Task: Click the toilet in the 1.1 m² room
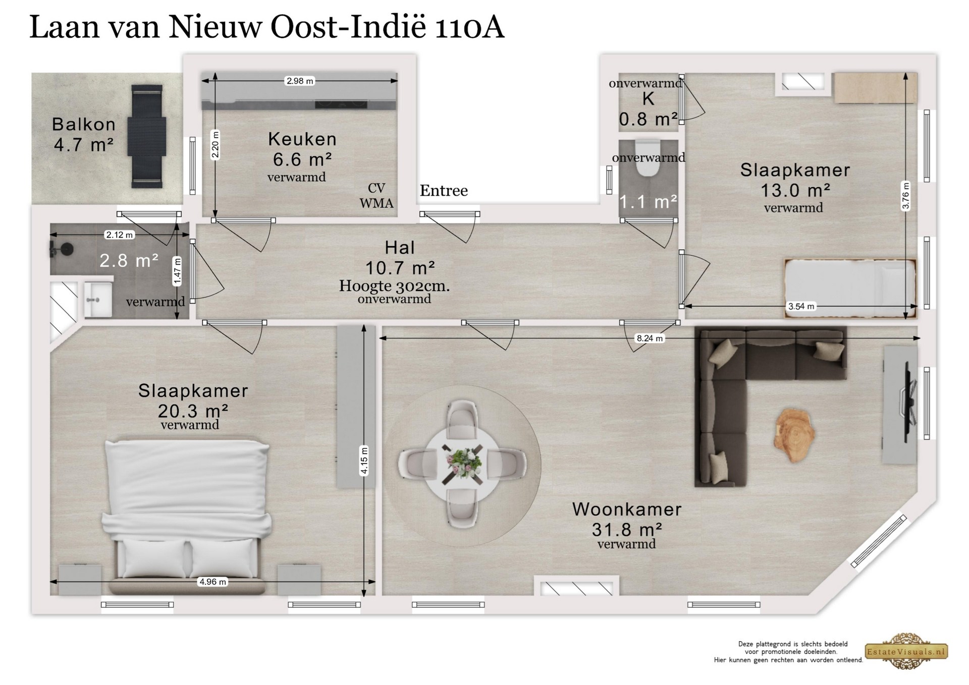648,157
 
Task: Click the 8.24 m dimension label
650,338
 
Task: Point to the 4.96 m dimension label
213,582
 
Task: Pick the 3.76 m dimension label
906,196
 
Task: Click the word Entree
444,191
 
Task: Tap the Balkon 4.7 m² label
84,134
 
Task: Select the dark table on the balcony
147,136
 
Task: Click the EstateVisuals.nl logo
906,651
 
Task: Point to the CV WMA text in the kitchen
376,196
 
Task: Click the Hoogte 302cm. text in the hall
394,286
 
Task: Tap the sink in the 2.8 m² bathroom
97,300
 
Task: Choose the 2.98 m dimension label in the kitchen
300,81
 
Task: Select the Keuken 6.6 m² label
302,149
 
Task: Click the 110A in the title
469,27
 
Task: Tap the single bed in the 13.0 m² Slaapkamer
850,289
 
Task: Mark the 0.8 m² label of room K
648,119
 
